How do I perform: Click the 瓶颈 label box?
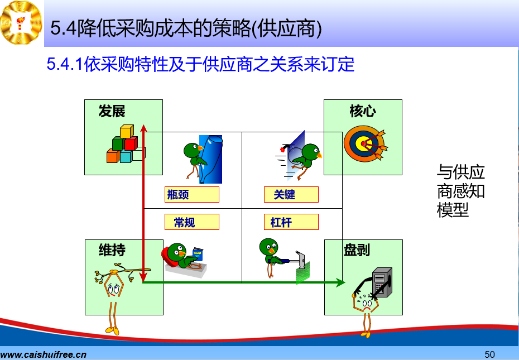coord(192,194)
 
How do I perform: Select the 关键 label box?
coord(291,194)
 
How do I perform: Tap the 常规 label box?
coord(192,222)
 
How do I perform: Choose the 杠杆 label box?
coord(291,222)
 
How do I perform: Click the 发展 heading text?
coord(112,111)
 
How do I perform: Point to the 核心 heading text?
coord(363,111)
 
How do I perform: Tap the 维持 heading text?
coord(112,250)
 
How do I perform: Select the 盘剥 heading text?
coord(357,250)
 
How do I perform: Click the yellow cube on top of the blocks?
coord(127,131)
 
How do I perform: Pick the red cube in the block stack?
coord(131,143)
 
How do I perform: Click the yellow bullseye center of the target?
coord(363,143)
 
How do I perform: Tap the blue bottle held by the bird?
coord(211,159)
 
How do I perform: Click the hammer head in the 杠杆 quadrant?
coord(301,260)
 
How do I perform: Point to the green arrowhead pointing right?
coord(340,282)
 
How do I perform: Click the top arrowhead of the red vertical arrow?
coord(143,128)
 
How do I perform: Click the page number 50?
coord(489,354)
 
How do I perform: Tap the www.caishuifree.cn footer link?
coord(44,355)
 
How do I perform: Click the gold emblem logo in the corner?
coord(21,22)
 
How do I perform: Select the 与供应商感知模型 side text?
coord(460,191)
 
